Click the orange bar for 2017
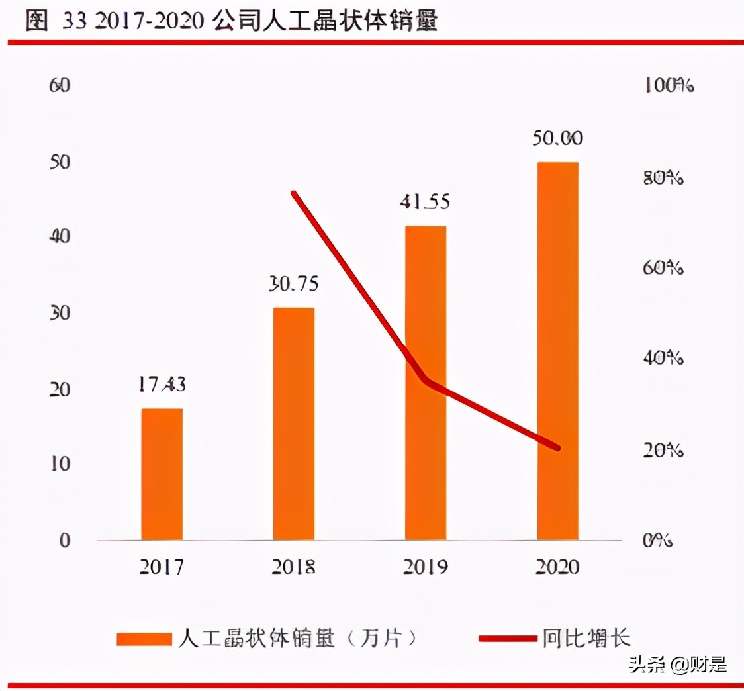point(162,474)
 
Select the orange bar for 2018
point(294,424)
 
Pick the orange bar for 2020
point(557,351)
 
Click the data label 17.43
point(162,384)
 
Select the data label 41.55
point(425,201)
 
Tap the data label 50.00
point(557,138)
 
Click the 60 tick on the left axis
point(60,85)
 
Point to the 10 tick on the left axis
point(60,464)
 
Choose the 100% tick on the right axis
point(668,85)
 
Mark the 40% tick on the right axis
point(663,358)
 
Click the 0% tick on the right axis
point(658,540)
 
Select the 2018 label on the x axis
point(294,567)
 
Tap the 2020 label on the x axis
point(557,567)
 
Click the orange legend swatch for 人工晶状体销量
point(144,639)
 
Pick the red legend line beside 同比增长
point(506,639)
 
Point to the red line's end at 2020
point(559,449)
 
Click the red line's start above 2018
point(294,193)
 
